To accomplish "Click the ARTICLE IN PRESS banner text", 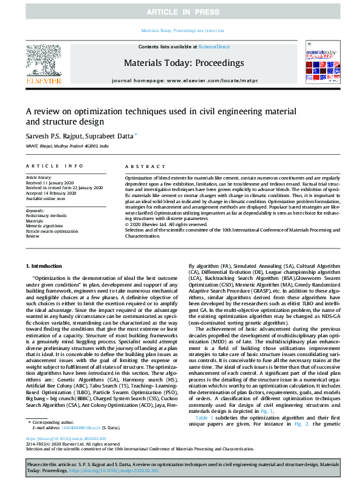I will pyautogui.click(x=180, y=11).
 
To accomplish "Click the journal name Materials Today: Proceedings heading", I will pyautogui.click(x=183, y=63).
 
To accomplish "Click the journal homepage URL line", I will pyautogui.click(x=183, y=80).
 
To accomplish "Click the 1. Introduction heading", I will pyautogui.click(x=47, y=267).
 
